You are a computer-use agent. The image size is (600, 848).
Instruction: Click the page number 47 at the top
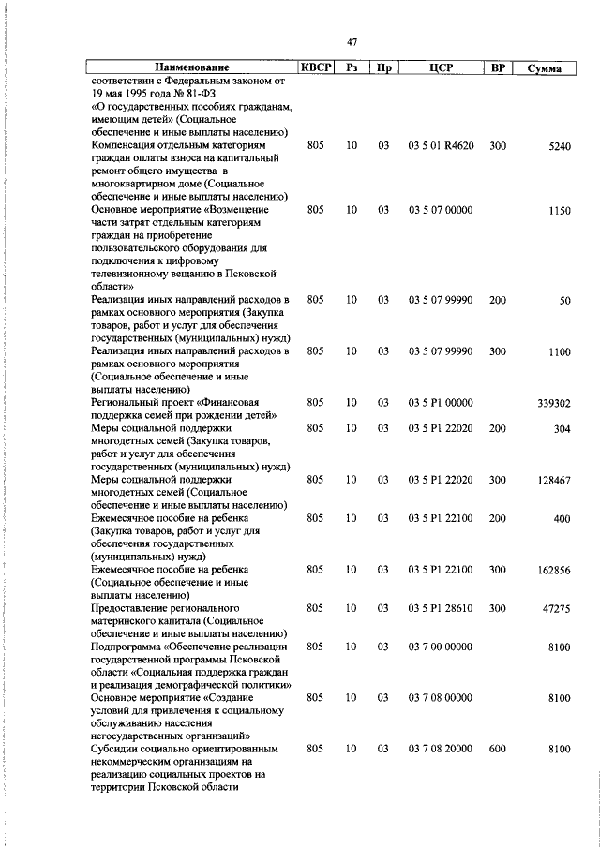[x=352, y=42]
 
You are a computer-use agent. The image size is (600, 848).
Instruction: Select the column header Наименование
[x=191, y=68]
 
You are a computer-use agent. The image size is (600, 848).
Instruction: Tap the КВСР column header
[x=315, y=68]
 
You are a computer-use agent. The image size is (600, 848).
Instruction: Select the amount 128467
[x=553, y=481]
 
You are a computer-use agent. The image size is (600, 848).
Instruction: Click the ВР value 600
[x=497, y=750]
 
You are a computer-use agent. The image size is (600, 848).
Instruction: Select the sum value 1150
[x=559, y=212]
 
